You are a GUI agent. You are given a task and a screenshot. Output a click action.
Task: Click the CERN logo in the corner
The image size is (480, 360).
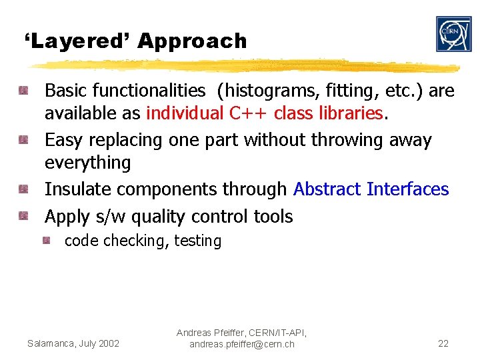(453, 34)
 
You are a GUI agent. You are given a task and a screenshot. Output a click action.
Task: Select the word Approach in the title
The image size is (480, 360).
(192, 41)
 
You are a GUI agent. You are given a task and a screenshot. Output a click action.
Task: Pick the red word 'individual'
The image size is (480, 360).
(185, 113)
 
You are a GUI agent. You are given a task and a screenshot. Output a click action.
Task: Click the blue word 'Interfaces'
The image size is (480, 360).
(408, 189)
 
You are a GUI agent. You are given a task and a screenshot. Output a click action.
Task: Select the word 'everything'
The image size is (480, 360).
(87, 163)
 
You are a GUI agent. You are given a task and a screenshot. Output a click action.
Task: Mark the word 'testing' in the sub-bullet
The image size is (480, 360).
(197, 241)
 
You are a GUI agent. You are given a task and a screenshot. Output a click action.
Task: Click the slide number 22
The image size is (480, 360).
(443, 343)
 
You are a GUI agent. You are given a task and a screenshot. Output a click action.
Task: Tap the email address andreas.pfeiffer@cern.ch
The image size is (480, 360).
(241, 344)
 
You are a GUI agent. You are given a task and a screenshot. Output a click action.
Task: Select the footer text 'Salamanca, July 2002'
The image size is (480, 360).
(73, 343)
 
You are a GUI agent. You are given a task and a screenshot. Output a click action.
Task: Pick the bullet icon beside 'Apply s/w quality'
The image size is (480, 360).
(23, 216)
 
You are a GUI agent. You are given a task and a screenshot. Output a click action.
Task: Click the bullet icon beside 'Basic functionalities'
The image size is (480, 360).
(23, 90)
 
